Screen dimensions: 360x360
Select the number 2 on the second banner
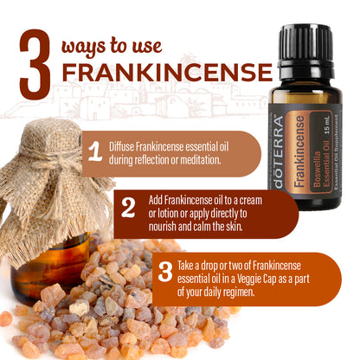point(128,208)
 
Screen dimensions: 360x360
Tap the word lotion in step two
point(168,214)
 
